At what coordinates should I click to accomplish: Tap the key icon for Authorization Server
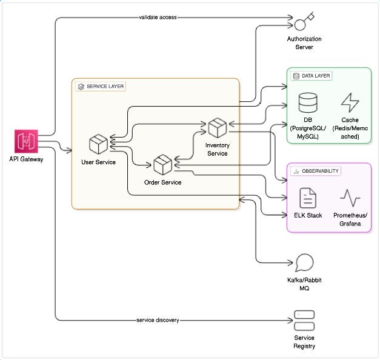pos(304,22)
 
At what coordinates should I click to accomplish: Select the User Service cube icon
pos(98,145)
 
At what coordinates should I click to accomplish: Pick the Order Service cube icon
pos(162,165)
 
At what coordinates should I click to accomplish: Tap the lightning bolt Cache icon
pos(350,102)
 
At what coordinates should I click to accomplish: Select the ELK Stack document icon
pos(308,198)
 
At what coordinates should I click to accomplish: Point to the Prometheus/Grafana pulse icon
pos(350,198)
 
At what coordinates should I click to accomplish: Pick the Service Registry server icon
pos(304,320)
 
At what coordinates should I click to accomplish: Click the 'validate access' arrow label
pos(158,17)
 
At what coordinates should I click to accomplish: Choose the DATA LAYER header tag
pos(312,76)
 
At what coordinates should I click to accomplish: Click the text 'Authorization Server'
pos(304,43)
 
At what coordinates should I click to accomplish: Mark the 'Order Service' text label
pos(162,182)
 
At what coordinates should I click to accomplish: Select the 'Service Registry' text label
pos(304,342)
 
